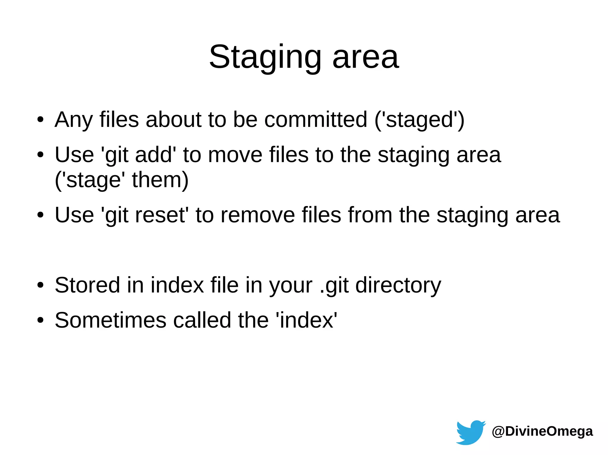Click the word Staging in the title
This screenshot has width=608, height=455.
265,57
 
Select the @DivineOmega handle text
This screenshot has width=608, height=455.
542,431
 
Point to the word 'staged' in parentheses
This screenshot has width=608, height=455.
419,120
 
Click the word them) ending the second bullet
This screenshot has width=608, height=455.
160,180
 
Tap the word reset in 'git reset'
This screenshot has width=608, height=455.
160,215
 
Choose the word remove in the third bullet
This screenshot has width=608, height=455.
258,215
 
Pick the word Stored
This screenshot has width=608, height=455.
87,285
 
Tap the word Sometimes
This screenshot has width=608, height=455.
110,320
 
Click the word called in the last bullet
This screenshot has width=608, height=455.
202,320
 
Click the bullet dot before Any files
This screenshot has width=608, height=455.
40,120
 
